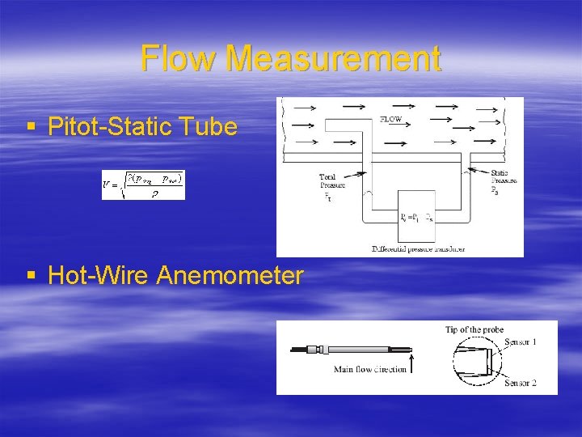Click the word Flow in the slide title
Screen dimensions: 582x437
coord(178,59)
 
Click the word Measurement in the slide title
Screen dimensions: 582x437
coord(334,59)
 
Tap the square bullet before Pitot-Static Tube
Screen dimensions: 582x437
coord(32,127)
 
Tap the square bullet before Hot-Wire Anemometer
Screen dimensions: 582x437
coord(32,276)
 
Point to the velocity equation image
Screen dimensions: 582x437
coord(143,185)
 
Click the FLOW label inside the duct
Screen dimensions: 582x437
coord(391,121)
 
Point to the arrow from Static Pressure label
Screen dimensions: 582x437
coord(474,171)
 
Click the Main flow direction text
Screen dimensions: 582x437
coord(369,370)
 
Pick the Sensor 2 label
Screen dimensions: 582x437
coord(521,382)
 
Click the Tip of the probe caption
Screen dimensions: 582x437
coord(474,329)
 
